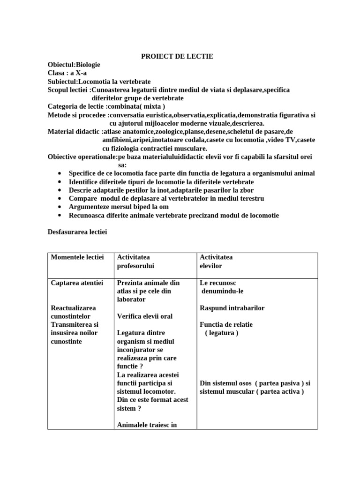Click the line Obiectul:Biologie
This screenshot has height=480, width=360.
(74, 65)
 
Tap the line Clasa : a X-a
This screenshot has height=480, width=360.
(67, 73)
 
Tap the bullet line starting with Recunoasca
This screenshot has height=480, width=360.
(173, 216)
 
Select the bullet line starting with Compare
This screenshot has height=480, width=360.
(166, 199)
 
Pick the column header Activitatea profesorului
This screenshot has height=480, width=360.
(136, 262)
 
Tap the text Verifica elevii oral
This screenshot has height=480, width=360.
(145, 316)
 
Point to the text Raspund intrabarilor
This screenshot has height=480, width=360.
(232, 308)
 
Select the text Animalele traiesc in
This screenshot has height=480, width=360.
(147, 425)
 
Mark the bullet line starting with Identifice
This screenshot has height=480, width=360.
(161, 182)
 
